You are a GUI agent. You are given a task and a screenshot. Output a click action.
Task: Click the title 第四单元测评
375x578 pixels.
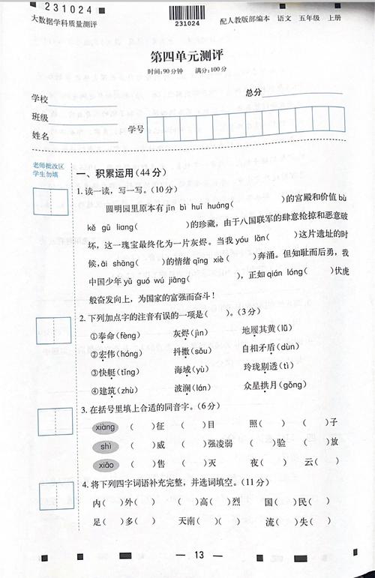187,56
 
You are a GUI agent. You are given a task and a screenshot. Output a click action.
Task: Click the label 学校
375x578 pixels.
40,99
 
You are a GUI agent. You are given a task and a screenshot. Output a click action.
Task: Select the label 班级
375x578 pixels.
40,118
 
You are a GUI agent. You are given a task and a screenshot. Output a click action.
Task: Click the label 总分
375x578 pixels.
253,92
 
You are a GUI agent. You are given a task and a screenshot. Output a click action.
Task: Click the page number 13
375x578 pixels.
199,555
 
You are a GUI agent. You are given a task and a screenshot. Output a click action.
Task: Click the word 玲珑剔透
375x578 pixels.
266,367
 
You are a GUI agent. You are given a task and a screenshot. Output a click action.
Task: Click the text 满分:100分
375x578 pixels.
210,70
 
